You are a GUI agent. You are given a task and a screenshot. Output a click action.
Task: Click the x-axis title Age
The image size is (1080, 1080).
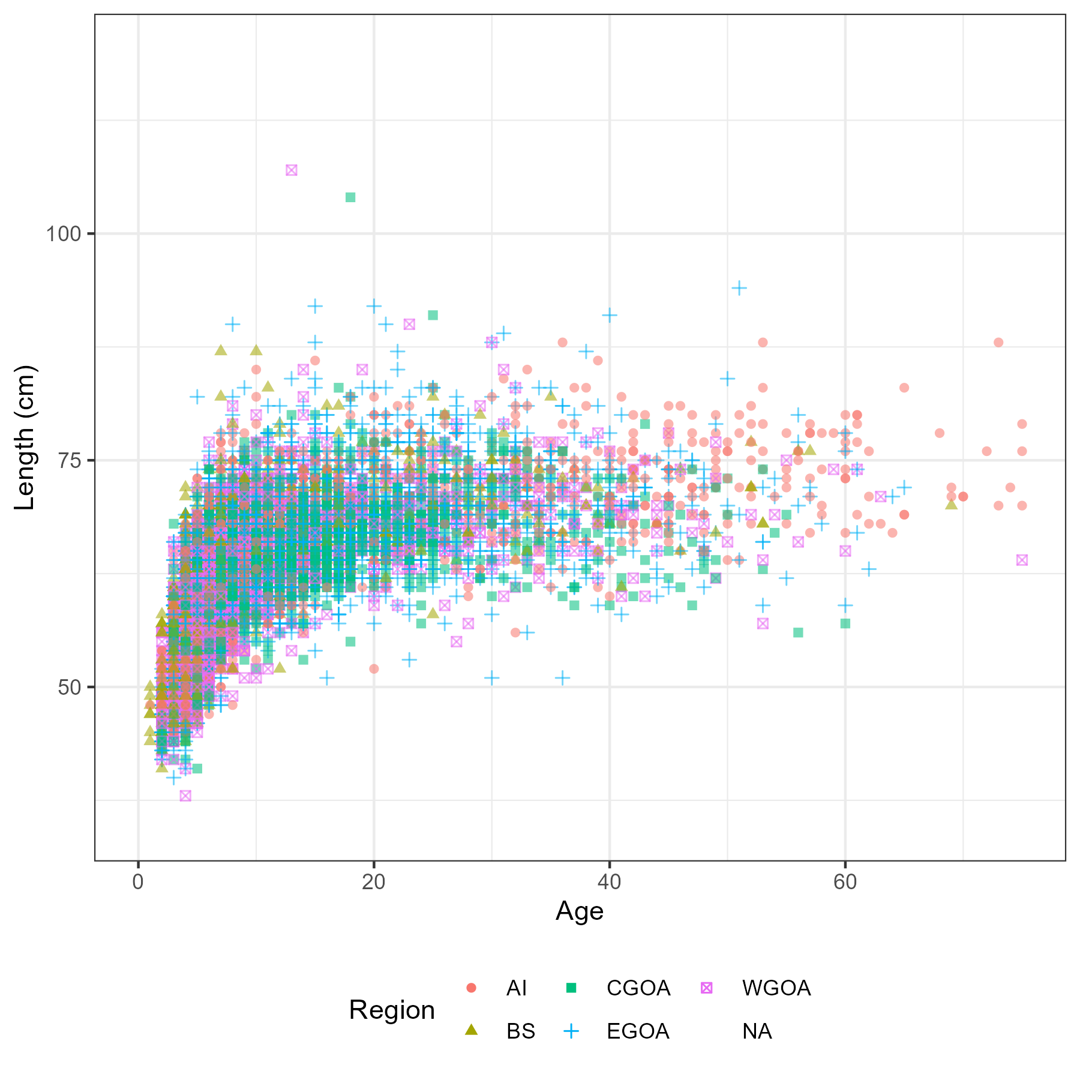point(580,911)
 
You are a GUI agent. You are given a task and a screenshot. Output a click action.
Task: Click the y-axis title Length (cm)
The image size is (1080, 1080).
point(26,437)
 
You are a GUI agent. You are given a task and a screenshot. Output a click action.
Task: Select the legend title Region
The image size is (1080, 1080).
point(392,1010)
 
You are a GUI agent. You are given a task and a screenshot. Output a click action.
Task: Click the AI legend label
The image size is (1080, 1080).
point(517,988)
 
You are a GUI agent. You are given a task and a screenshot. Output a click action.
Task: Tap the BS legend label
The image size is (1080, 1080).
point(520,1031)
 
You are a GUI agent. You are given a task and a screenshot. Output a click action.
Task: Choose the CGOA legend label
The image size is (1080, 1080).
point(638,988)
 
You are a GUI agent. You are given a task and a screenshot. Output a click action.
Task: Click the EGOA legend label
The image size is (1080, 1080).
point(638,1031)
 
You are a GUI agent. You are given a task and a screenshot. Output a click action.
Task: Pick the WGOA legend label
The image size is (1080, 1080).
point(776,988)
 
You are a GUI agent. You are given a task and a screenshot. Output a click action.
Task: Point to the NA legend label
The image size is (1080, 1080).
point(757,1031)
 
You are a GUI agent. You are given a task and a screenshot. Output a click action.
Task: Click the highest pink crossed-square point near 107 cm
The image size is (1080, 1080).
point(292,170)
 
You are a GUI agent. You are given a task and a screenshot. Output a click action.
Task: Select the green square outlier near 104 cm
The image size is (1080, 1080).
point(350,197)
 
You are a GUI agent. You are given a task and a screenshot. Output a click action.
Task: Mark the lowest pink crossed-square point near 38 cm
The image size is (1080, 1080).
point(185,796)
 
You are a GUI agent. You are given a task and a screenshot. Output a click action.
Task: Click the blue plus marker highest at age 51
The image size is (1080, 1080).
point(739,288)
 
